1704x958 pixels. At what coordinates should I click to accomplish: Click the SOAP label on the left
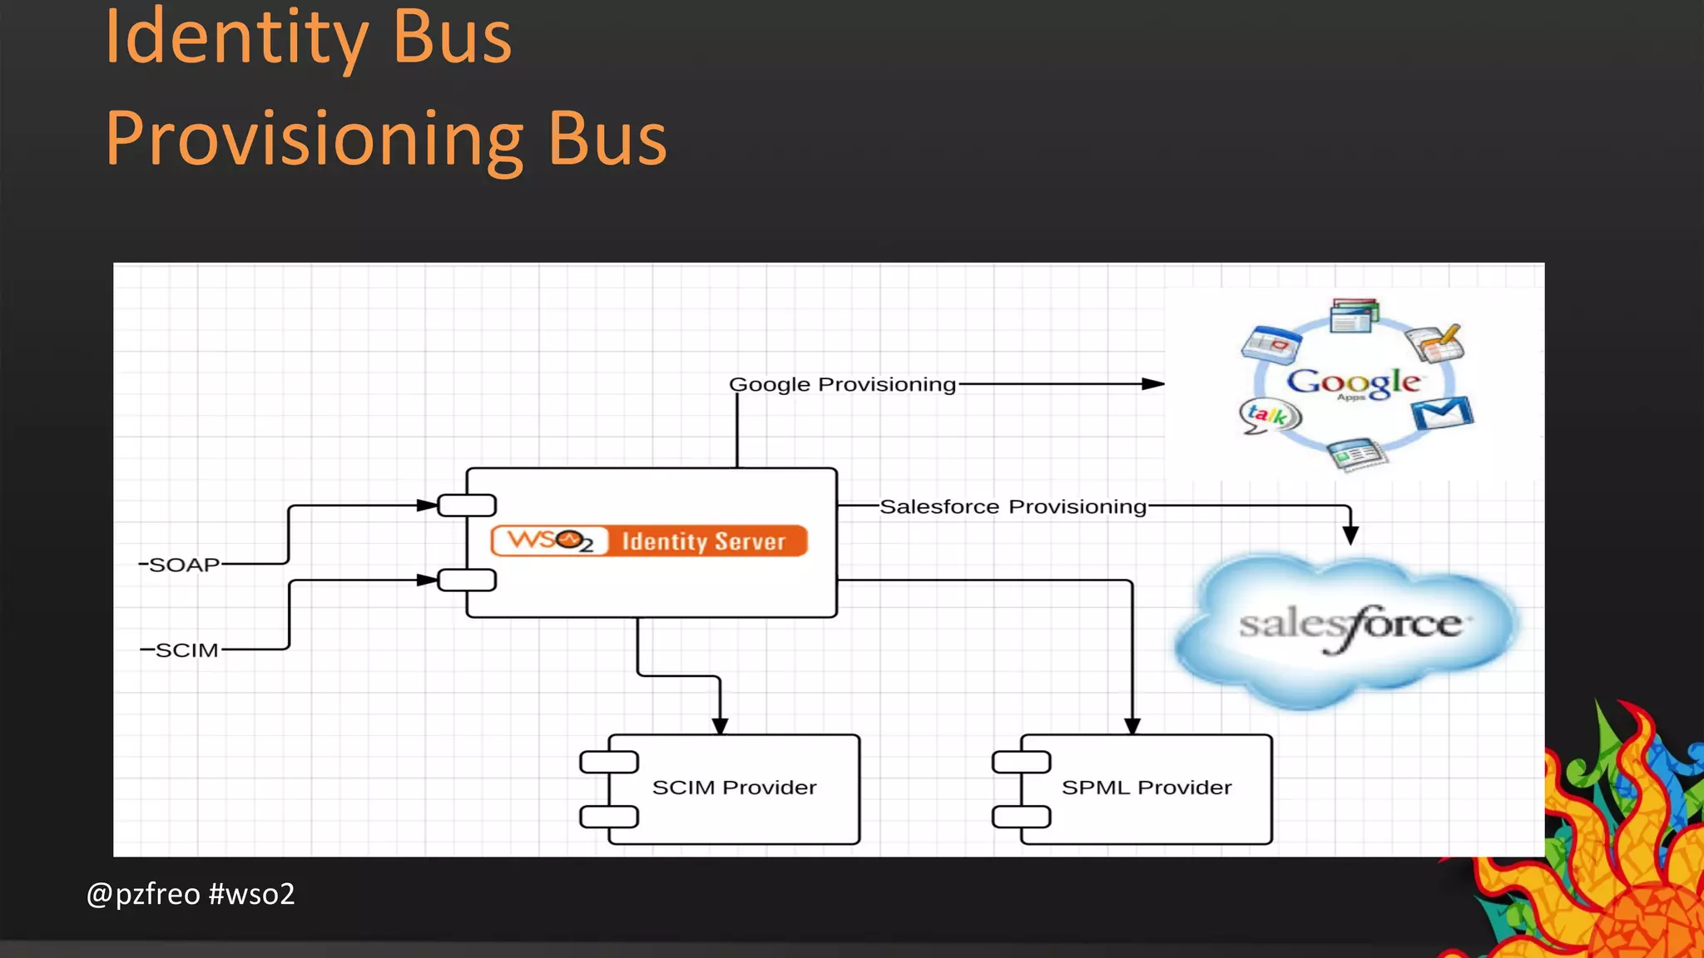(x=184, y=565)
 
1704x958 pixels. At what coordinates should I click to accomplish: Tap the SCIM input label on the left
(x=186, y=649)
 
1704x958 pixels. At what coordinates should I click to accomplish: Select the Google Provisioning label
(x=842, y=384)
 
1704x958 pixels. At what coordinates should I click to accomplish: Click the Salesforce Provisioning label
(x=1013, y=506)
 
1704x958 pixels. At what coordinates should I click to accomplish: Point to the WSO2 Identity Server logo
(x=649, y=541)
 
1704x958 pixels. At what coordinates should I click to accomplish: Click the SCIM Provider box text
(x=734, y=788)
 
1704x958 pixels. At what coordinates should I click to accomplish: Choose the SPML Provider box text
(x=1146, y=788)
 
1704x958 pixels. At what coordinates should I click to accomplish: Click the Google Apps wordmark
(x=1353, y=382)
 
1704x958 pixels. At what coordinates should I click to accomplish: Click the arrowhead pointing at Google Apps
(x=1153, y=384)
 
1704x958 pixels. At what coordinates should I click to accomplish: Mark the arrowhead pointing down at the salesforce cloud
(x=1350, y=535)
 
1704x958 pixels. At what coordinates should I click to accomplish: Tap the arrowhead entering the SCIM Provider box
(x=720, y=725)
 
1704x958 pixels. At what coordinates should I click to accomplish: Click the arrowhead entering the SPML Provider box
(x=1132, y=725)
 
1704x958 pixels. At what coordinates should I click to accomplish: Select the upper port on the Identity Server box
(x=467, y=505)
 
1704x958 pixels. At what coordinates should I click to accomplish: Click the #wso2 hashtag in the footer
(x=252, y=894)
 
